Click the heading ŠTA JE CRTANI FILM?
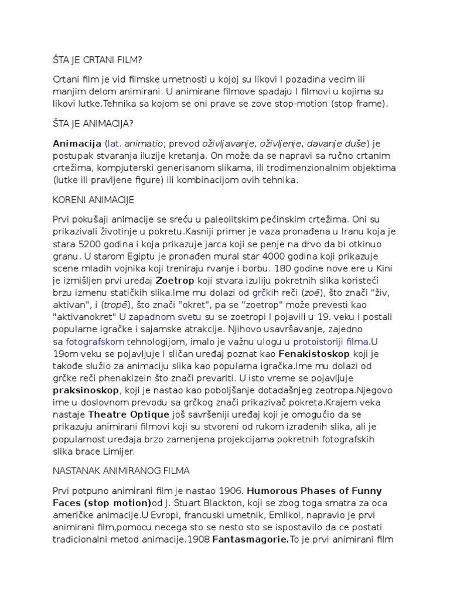point(97,60)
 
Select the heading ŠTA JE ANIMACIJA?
point(93,123)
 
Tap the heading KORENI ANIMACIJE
point(93,200)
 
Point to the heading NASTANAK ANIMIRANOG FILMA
point(121,470)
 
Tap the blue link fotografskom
point(94,342)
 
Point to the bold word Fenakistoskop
point(314,354)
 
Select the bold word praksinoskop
point(86,390)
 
